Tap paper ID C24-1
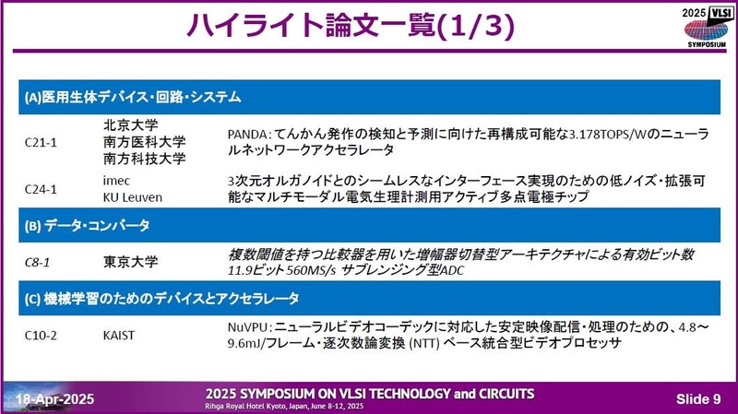[42, 188]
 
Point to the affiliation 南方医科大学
[143, 141]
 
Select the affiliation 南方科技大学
[143, 158]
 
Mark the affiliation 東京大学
[129, 261]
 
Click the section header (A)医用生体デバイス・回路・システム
[133, 97]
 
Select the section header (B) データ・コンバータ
[88, 224]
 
